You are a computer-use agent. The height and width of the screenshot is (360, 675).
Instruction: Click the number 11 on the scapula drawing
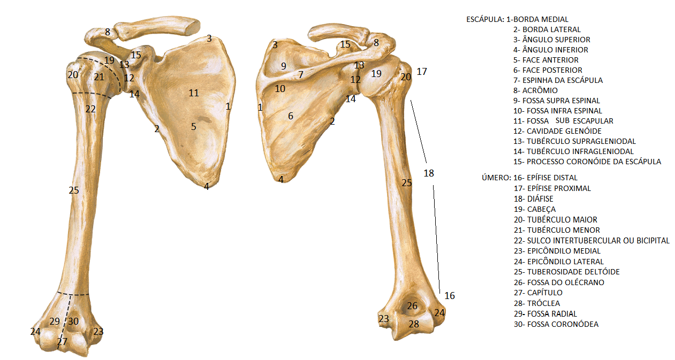pyautogui.click(x=194, y=93)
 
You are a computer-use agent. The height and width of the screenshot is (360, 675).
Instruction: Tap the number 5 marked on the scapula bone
pyautogui.click(x=194, y=127)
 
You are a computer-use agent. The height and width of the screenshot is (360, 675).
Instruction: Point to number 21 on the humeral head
pyautogui.click(x=98, y=77)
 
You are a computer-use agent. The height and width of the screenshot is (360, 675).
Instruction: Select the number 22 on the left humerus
pyautogui.click(x=90, y=109)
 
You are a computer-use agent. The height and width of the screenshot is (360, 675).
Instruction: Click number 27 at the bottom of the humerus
pyautogui.click(x=63, y=342)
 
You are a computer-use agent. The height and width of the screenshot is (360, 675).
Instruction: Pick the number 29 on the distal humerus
pyautogui.click(x=55, y=321)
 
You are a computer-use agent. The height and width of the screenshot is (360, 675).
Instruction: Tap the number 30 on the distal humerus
pyautogui.click(x=73, y=321)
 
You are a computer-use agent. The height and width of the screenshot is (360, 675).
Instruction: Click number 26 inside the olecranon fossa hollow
pyautogui.click(x=412, y=306)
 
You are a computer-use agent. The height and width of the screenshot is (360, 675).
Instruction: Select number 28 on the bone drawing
pyautogui.click(x=414, y=324)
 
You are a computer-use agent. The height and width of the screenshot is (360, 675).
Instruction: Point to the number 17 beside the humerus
pyautogui.click(x=422, y=71)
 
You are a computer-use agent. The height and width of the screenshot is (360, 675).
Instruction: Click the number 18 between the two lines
pyautogui.click(x=429, y=173)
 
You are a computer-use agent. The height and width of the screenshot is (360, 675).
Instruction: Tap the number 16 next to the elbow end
pyautogui.click(x=450, y=296)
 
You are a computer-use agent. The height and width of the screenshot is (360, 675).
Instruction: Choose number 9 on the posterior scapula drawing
pyautogui.click(x=283, y=66)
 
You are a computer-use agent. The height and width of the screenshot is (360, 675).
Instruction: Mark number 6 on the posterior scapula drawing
pyautogui.click(x=291, y=116)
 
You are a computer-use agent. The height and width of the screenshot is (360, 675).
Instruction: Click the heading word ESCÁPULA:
pyautogui.click(x=485, y=19)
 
